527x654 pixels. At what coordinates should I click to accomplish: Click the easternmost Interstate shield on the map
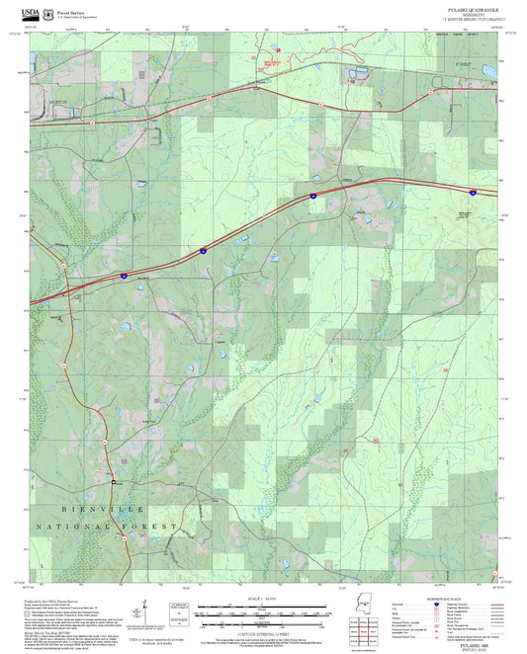click(x=472, y=193)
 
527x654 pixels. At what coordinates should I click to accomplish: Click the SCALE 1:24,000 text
click(x=263, y=599)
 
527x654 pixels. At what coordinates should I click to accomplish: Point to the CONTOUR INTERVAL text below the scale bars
click(x=263, y=633)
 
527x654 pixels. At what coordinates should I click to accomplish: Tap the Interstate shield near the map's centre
click(x=311, y=197)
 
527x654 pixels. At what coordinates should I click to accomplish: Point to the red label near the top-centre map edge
click(x=278, y=47)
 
